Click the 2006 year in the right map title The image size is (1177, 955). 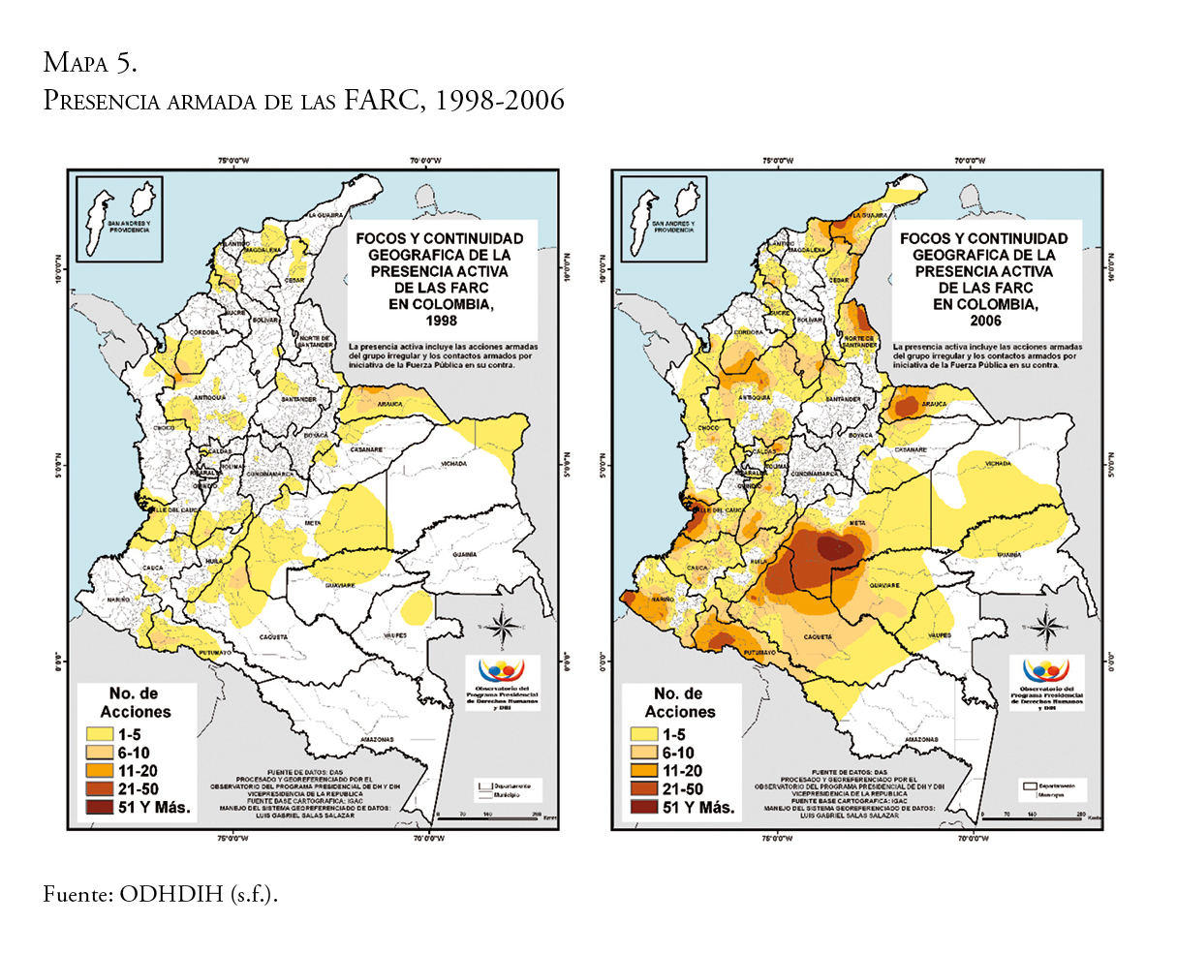[x=985, y=321]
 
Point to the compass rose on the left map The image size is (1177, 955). [x=503, y=626]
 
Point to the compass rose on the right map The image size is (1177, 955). [x=1047, y=626]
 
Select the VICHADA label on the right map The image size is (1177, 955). [x=998, y=464]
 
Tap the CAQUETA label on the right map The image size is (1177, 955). [x=819, y=636]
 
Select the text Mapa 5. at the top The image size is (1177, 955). [x=90, y=63]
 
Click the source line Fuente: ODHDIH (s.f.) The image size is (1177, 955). [x=160, y=894]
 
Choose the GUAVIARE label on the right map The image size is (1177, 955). [x=883, y=586]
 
